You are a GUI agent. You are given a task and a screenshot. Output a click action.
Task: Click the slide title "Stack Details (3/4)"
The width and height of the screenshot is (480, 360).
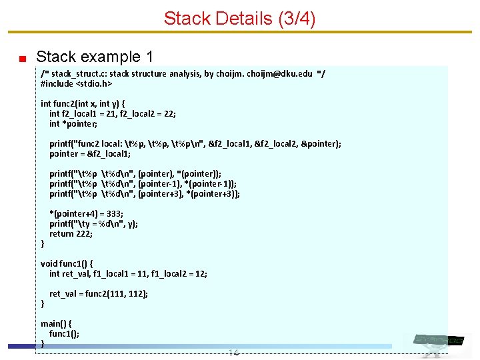239,18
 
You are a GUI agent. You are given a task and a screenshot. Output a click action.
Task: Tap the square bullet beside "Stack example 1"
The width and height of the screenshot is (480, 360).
22,58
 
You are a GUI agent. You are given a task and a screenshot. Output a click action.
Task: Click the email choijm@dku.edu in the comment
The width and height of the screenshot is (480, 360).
279,73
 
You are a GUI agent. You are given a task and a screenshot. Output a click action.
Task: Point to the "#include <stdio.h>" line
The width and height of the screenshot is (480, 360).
76,84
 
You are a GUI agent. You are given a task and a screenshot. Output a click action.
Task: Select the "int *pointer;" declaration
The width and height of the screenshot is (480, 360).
73,124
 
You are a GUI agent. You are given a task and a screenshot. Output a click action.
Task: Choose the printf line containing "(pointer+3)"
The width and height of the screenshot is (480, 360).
144,194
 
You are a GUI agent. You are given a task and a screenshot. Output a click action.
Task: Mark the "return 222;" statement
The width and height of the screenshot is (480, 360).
71,234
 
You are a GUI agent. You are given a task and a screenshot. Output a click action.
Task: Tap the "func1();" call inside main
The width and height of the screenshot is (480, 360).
64,334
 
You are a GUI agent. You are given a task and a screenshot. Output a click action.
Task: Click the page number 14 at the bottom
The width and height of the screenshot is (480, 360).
233,353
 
